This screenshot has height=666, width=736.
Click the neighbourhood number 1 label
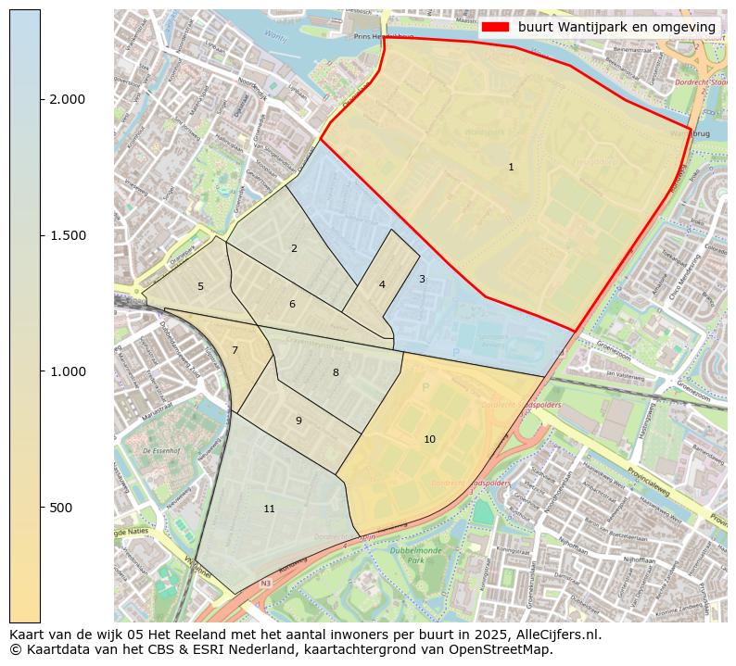511,168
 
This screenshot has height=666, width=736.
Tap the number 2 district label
294,248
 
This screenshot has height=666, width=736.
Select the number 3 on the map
422,279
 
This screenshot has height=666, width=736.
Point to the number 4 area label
382,285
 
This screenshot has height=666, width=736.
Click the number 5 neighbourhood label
200,287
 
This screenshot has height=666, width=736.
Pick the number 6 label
292,305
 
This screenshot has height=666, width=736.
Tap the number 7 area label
235,350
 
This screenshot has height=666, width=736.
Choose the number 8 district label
336,373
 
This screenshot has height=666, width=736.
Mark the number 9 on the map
298,421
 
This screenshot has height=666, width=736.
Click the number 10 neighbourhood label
429,439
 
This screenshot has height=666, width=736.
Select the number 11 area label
269,509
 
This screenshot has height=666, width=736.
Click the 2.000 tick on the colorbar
66,100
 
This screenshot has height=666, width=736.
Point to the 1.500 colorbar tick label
66,236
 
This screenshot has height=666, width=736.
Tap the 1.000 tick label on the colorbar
66,371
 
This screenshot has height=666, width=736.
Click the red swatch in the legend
495,27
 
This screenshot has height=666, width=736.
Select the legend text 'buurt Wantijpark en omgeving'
616,27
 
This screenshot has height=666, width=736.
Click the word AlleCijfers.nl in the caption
558,635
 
